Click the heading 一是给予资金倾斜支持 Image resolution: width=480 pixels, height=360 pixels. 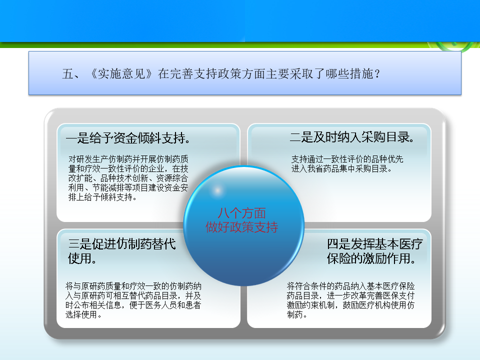coord(128,138)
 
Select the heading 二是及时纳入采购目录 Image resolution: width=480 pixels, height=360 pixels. coord(352,137)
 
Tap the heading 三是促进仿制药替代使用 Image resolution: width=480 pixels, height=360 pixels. coord(122,251)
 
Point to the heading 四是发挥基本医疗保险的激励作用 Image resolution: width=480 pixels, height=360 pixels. coord(374,251)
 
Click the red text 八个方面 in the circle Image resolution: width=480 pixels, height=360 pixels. coord(242,213)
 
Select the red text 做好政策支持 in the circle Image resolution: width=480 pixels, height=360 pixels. coord(242,227)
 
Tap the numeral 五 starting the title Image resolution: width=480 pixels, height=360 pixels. coord(67,74)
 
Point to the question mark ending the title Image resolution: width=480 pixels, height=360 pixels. coord(377,74)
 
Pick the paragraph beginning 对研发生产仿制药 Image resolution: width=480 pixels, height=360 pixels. coord(128,178)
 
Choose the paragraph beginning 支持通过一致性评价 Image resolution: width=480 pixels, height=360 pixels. coord(347,164)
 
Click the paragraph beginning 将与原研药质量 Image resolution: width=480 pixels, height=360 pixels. coord(133,300)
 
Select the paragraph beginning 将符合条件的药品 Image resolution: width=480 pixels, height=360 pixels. coord(351,300)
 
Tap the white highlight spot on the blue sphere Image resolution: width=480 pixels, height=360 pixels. coord(217,190)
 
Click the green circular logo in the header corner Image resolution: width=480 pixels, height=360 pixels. coord(454,45)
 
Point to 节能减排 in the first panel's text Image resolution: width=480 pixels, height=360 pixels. coord(108,187)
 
